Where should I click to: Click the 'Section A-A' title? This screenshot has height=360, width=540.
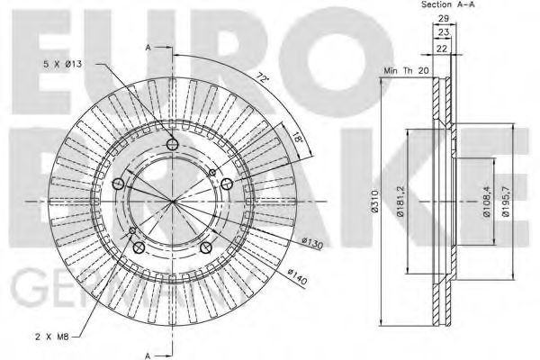point(446,5)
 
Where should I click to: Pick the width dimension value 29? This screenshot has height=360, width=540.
point(442,19)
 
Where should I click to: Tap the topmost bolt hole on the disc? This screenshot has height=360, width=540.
point(174,145)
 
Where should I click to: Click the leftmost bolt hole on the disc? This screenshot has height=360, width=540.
point(119,184)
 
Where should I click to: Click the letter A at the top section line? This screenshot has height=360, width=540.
point(148,46)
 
